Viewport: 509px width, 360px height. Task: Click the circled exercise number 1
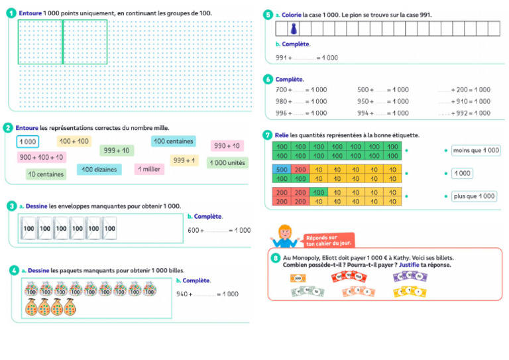[x=11, y=12]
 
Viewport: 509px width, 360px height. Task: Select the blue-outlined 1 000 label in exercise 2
[x=27, y=141]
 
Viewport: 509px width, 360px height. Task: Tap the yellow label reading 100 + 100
[x=74, y=141]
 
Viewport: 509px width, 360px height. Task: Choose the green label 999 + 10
[x=117, y=150]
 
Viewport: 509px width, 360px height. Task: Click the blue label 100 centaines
[x=172, y=141]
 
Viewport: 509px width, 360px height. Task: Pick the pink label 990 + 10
[x=226, y=146]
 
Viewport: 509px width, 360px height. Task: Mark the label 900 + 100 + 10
[x=41, y=157]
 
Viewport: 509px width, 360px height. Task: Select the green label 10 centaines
[x=46, y=174]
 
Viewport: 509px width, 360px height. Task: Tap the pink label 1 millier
[x=148, y=169]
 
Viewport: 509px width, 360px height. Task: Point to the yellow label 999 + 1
[x=184, y=160]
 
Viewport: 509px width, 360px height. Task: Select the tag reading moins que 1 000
[x=471, y=150]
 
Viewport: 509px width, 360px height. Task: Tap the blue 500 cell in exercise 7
[x=281, y=170]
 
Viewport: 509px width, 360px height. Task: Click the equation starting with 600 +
[x=219, y=230]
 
